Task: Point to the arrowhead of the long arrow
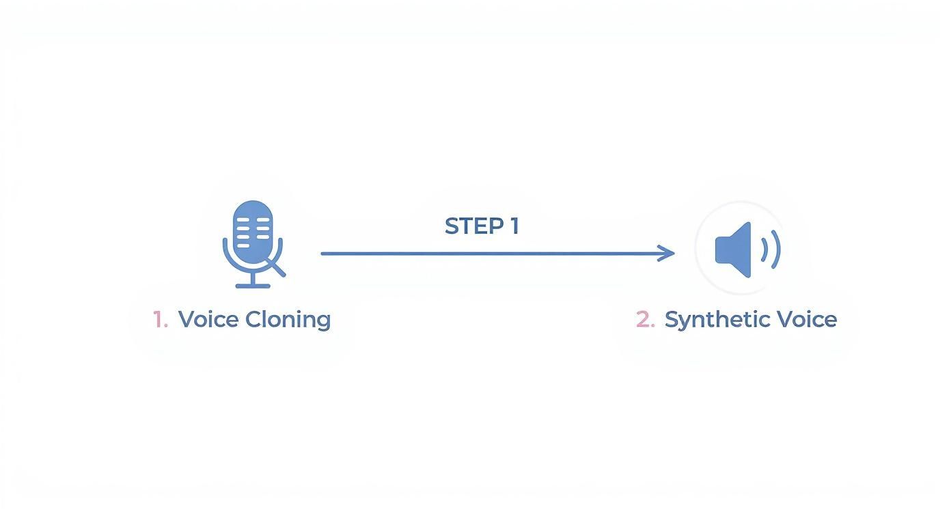click(x=670, y=254)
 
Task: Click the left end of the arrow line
click(x=324, y=254)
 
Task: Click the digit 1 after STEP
click(x=514, y=226)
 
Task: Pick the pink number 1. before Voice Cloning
click(x=160, y=319)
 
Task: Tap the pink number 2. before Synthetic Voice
click(x=645, y=319)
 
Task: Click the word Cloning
click(x=288, y=319)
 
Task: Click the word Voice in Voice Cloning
click(x=208, y=319)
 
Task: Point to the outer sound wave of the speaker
click(x=776, y=249)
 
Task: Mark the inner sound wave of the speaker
click(x=764, y=249)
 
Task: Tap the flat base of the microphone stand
click(x=253, y=285)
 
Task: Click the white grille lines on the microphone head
click(x=253, y=228)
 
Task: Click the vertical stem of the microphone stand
click(x=253, y=277)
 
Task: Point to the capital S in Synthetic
click(x=672, y=319)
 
